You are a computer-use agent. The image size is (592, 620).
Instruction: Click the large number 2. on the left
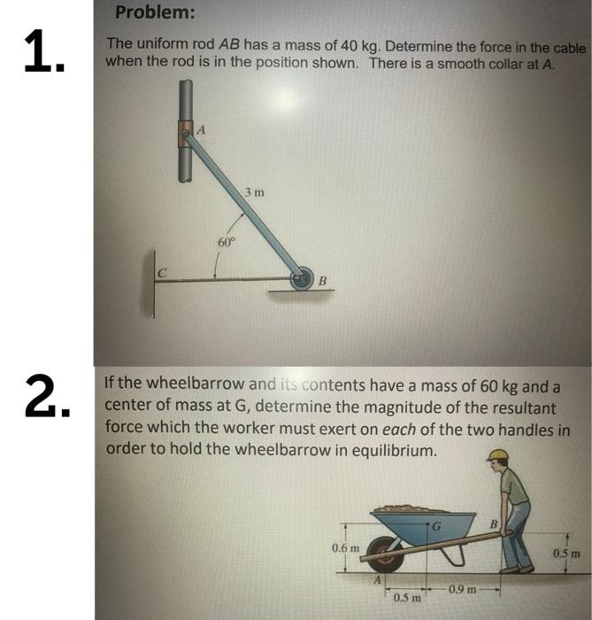pos(45,396)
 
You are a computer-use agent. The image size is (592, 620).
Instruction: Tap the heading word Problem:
pos(156,13)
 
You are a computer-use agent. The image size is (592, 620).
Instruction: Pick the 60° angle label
pos(226,241)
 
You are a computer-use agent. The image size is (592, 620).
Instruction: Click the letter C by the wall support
pos(162,273)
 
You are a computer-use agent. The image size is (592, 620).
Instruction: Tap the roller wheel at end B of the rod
pos(304,278)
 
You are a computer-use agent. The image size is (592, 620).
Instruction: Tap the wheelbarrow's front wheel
pos(386,558)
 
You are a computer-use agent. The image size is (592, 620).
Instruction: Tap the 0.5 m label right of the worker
pos(565,554)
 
